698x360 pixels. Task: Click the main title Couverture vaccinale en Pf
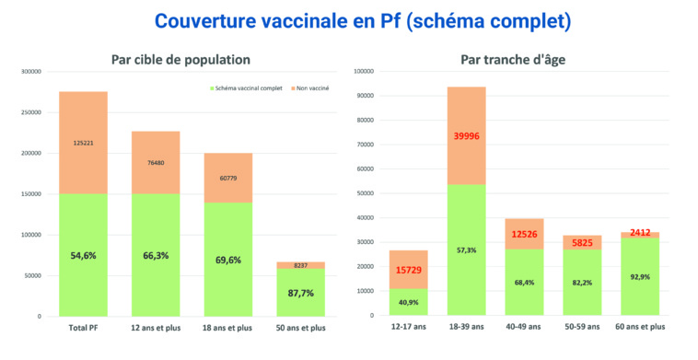[349, 20]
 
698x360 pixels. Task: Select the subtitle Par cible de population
[180, 60]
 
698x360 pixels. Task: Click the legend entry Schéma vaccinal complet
[248, 88]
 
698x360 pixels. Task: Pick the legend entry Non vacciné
[313, 88]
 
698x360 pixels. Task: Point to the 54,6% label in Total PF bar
[83, 255]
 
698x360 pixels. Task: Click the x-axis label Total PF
[83, 328]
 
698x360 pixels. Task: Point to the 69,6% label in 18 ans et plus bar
[227, 261]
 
